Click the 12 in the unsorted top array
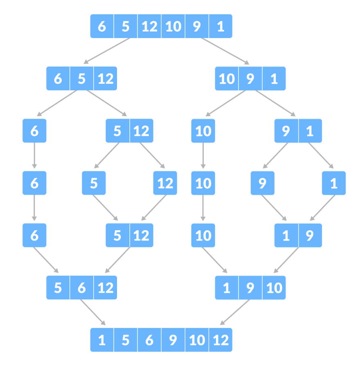(149, 26)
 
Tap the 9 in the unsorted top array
(197, 26)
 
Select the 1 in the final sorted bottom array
(102, 340)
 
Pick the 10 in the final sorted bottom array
(197, 340)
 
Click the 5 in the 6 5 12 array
(82, 79)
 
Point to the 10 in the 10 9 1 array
(227, 79)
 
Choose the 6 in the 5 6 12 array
(82, 287)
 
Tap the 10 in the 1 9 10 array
(274, 287)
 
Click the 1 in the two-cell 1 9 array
(286, 235)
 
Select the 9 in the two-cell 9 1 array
(286, 131)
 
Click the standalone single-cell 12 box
(165, 183)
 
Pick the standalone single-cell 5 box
(94, 183)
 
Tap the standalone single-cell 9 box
(262, 183)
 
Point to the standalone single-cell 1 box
(334, 183)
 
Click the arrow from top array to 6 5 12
(107, 51)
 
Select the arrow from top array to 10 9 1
(225, 51)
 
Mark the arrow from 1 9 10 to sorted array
(235, 312)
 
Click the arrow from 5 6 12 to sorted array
(93, 312)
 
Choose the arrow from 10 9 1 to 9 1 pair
(275, 103)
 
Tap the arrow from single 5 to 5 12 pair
(105, 208)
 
